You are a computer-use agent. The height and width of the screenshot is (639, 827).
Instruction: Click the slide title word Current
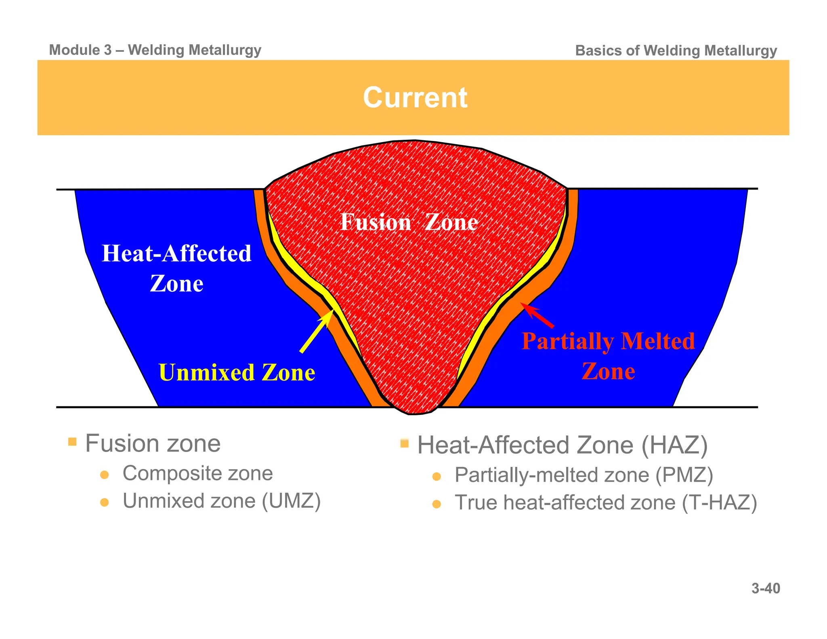click(x=415, y=98)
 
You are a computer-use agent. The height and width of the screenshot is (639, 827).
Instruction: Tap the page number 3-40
click(x=766, y=589)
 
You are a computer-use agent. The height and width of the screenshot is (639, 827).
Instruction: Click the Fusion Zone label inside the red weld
click(x=409, y=222)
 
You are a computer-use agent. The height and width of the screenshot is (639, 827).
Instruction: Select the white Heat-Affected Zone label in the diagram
click(x=176, y=268)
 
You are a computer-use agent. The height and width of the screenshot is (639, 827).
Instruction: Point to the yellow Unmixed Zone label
click(x=237, y=372)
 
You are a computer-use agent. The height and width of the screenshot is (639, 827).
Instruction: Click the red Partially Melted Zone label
click(x=608, y=356)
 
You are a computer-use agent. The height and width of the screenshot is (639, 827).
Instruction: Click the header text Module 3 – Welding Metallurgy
click(x=155, y=50)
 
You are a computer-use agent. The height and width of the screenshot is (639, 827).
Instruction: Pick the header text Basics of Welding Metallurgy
click(x=676, y=51)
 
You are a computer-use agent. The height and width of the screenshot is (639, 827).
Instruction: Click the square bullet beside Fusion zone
click(x=72, y=441)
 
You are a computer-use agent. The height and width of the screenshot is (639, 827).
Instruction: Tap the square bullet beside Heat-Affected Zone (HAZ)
click(x=404, y=444)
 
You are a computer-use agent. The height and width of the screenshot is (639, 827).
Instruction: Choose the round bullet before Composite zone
click(x=105, y=475)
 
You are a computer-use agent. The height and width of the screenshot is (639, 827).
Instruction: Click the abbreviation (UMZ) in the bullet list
click(x=291, y=501)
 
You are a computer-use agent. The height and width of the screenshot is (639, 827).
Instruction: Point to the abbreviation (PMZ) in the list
click(x=684, y=475)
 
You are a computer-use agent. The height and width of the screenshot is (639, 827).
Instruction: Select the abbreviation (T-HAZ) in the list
click(x=719, y=503)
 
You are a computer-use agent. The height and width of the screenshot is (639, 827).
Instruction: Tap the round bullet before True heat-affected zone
click(x=437, y=504)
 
